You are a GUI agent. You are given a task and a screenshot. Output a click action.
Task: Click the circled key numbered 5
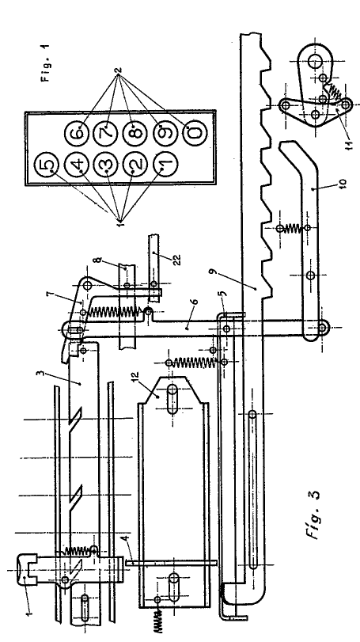[47, 165]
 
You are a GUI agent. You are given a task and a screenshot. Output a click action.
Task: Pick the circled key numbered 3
[106, 165]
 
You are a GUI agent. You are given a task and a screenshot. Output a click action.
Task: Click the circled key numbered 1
[165, 165]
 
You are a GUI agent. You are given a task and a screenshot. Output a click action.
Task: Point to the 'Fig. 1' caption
[46, 67]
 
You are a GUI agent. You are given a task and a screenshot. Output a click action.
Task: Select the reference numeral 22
[176, 259]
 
